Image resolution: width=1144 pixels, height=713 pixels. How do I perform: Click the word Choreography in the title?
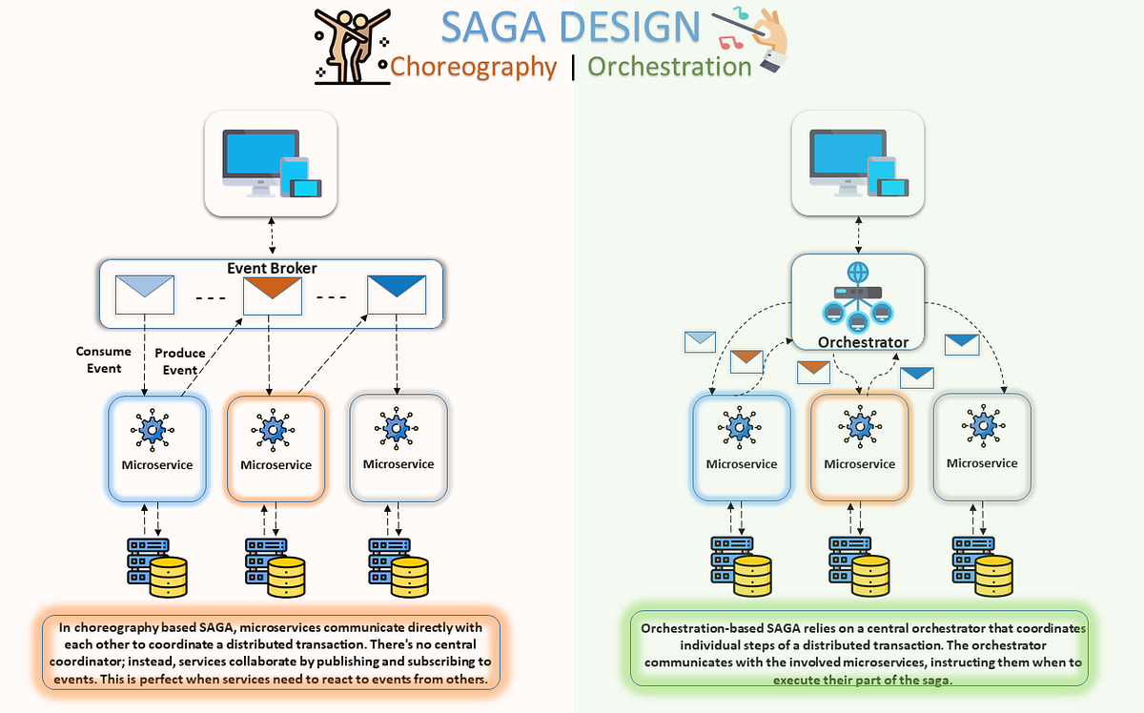point(473,67)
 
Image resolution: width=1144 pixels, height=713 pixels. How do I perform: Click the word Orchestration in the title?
point(669,67)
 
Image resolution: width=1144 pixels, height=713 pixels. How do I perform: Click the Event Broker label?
point(272,268)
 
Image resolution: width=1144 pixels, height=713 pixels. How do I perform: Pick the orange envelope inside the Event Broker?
point(273,295)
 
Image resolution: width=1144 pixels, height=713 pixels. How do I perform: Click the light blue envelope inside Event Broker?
point(144,295)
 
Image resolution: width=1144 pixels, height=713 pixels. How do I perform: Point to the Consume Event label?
point(98,359)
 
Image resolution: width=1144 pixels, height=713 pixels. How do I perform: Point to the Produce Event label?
point(180,361)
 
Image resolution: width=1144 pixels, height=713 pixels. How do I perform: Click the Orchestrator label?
point(863,342)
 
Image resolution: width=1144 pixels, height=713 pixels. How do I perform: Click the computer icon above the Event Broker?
point(272,163)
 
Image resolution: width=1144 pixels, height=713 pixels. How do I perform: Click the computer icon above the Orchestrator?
point(859,163)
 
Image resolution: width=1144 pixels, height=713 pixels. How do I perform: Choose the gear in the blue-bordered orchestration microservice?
point(741,430)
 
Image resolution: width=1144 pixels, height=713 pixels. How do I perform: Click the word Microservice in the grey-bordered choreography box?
point(398,464)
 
